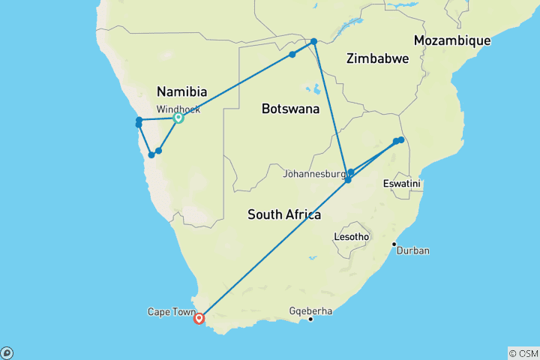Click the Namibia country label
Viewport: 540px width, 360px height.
[181, 91]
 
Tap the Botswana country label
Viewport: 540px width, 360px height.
[290, 109]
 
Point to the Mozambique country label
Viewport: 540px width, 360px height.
[452, 40]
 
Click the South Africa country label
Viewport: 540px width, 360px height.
[284, 215]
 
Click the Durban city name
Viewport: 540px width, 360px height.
[413, 250]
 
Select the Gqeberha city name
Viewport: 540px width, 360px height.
[310, 310]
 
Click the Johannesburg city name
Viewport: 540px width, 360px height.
[316, 175]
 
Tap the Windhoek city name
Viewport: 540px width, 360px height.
[178, 109]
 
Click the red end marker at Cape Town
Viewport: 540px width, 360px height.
[199, 318]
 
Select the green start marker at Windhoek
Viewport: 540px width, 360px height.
[178, 118]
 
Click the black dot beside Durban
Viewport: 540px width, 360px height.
[394, 244]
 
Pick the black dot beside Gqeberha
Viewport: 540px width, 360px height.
[310, 319]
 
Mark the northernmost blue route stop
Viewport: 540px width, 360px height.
[314, 41]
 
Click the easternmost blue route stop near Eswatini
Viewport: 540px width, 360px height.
[401, 139]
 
